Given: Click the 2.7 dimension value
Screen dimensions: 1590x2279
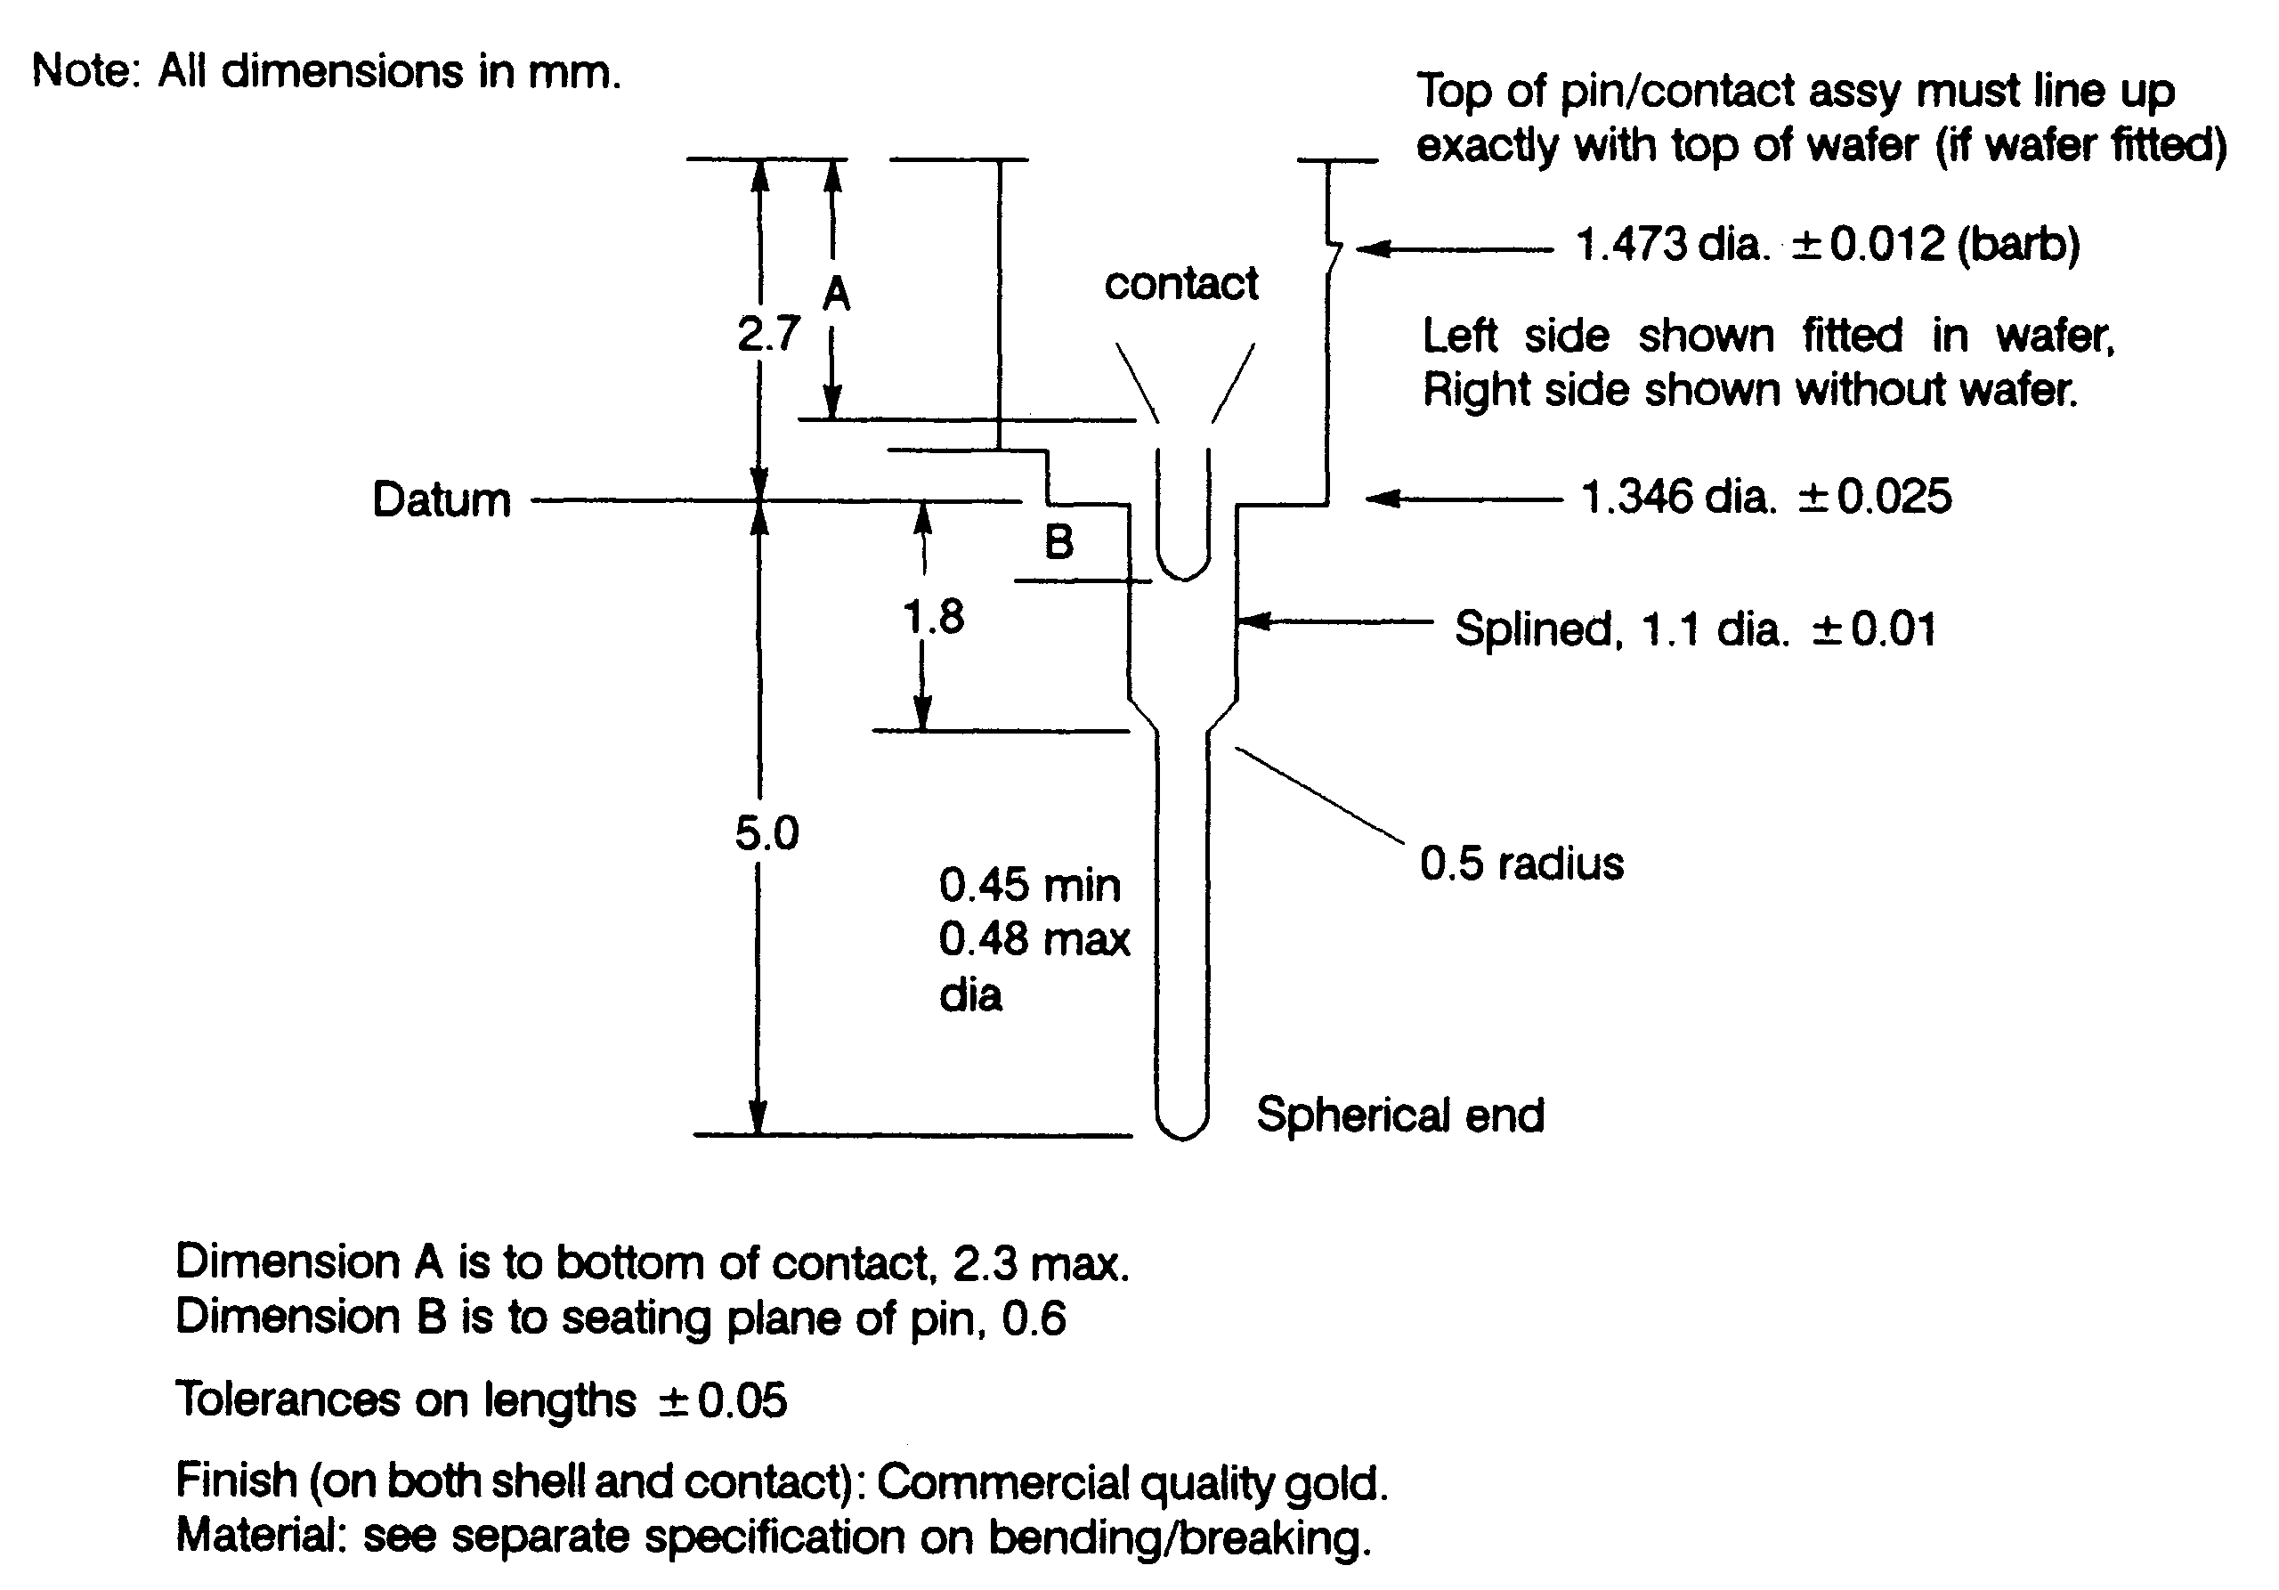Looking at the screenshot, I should click(x=768, y=334).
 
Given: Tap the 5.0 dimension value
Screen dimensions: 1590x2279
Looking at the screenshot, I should click(x=766, y=832).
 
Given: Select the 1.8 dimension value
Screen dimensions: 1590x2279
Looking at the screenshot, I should click(x=933, y=617).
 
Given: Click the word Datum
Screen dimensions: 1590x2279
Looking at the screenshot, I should click(x=442, y=499).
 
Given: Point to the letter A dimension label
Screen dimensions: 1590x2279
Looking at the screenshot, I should click(x=837, y=294).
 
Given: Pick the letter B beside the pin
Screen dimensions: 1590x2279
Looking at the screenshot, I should click(x=1059, y=542).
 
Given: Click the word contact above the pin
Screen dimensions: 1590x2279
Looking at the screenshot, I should click(x=1181, y=284).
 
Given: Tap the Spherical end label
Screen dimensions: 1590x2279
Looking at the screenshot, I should click(x=1400, y=1115).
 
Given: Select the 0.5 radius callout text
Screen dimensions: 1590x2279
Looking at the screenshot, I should click(x=1521, y=864).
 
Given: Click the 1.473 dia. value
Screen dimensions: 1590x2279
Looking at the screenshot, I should click(x=1674, y=244).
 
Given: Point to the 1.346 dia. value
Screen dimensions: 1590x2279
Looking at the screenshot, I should click(x=1677, y=496).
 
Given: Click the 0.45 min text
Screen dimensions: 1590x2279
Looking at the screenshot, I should click(x=1029, y=885).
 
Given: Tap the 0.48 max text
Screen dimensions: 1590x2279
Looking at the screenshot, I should click(x=1034, y=939).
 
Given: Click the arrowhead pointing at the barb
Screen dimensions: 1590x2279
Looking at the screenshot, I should click(x=1369, y=248).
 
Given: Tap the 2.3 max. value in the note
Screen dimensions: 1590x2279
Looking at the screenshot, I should click(x=1041, y=1263).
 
